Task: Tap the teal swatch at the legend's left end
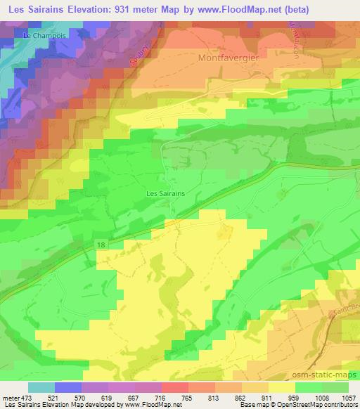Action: pyautogui.click(x=41, y=387)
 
